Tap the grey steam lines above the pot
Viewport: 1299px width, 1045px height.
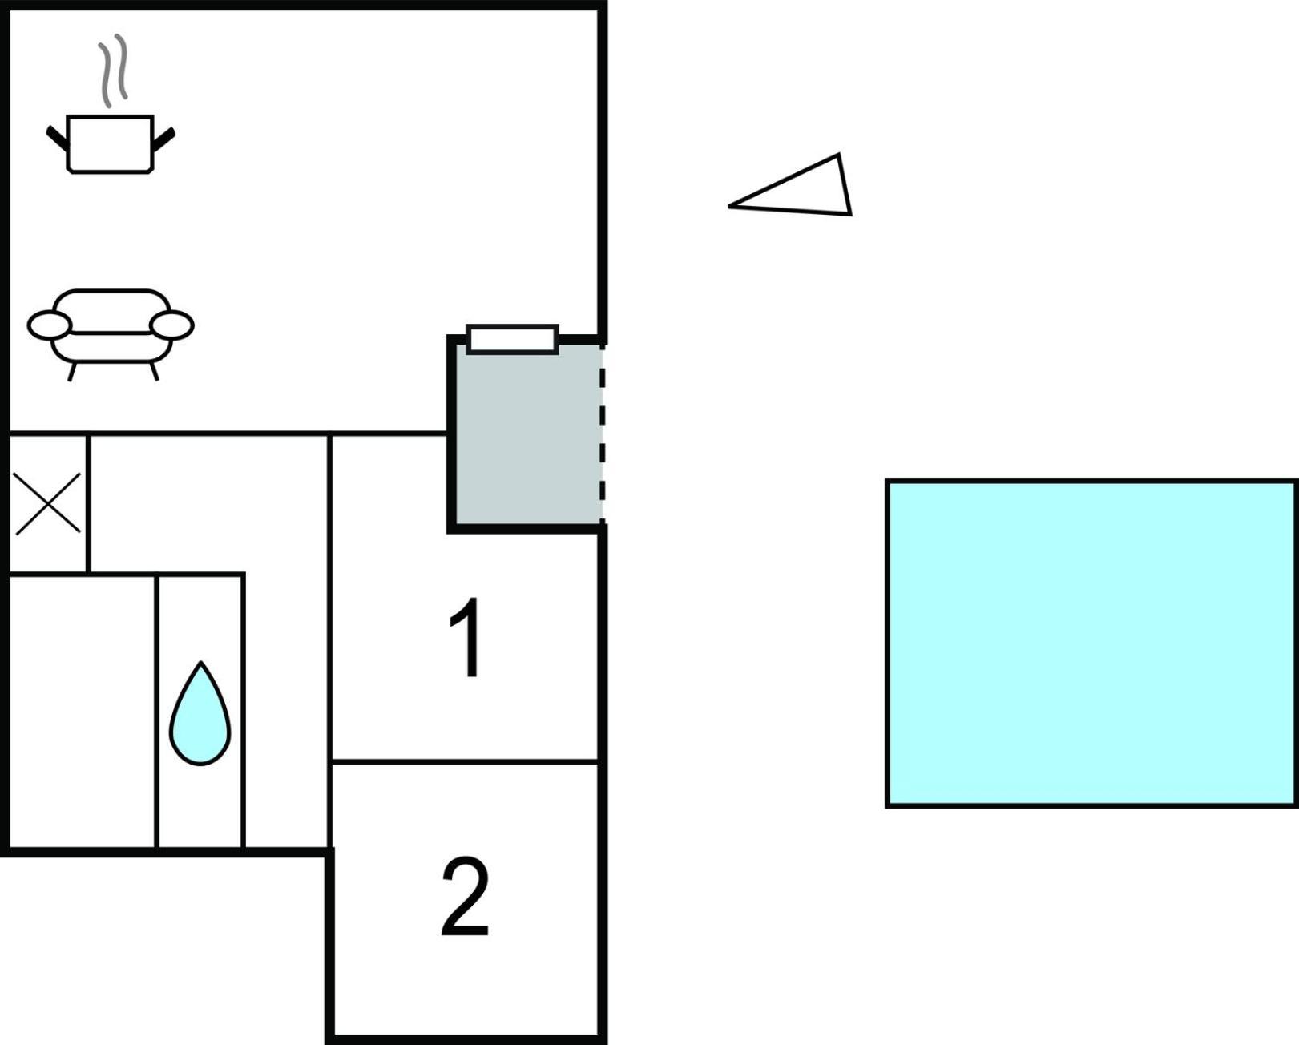click(x=114, y=71)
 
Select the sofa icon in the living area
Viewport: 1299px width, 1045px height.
click(x=111, y=334)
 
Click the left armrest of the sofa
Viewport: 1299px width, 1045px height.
click(x=50, y=326)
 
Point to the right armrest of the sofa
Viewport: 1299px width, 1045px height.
click(x=172, y=326)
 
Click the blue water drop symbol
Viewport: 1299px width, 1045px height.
click(x=200, y=713)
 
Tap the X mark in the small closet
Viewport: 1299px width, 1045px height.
click(x=48, y=503)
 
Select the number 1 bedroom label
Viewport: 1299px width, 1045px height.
click(x=466, y=638)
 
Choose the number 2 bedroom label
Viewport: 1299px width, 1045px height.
click(x=465, y=897)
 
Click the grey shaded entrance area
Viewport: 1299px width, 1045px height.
click(x=527, y=434)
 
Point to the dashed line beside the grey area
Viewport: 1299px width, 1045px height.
click(x=603, y=432)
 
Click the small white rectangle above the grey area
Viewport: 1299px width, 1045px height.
click(x=513, y=339)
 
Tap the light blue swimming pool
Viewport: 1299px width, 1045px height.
click(x=1091, y=644)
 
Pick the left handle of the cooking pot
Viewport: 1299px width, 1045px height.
click(x=58, y=139)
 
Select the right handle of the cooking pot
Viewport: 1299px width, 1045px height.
click(x=163, y=139)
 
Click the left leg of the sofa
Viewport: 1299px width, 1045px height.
click(x=72, y=372)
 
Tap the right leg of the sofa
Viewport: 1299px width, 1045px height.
click(x=155, y=371)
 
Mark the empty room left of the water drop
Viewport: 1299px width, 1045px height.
click(x=83, y=712)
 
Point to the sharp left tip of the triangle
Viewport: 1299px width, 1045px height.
click(x=729, y=207)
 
